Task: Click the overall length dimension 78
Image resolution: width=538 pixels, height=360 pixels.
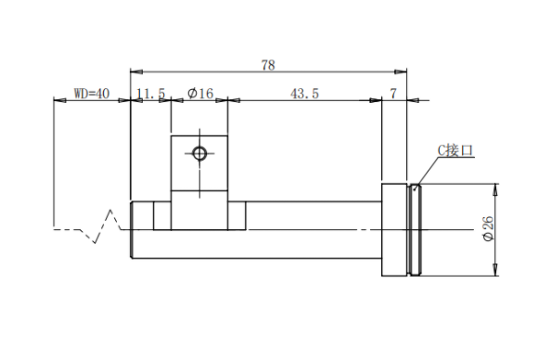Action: click(x=268, y=65)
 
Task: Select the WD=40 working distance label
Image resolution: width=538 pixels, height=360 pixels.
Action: click(x=92, y=94)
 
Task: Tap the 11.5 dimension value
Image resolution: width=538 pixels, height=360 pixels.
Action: click(x=151, y=94)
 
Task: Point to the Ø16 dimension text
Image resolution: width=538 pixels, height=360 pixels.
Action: click(x=200, y=94)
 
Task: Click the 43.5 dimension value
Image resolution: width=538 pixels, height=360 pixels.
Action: click(x=304, y=94)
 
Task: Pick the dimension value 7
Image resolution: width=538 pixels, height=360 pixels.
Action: click(x=393, y=94)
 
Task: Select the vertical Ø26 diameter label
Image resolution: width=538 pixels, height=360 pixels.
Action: click(x=489, y=228)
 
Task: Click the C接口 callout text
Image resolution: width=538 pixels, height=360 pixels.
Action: click(x=455, y=150)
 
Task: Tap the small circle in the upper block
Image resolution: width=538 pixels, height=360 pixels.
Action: click(x=199, y=153)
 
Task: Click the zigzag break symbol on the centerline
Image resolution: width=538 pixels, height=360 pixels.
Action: click(x=103, y=226)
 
